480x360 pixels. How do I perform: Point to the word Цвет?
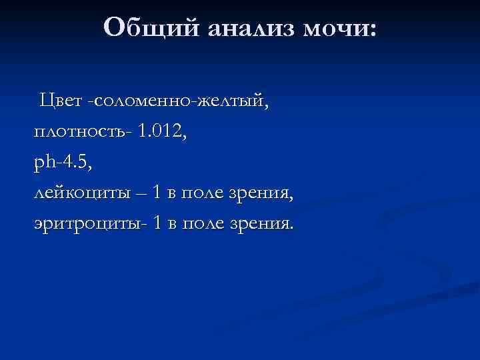(x=61, y=101)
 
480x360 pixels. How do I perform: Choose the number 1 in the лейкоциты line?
(x=156, y=193)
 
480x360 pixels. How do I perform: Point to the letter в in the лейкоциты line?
(x=172, y=194)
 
